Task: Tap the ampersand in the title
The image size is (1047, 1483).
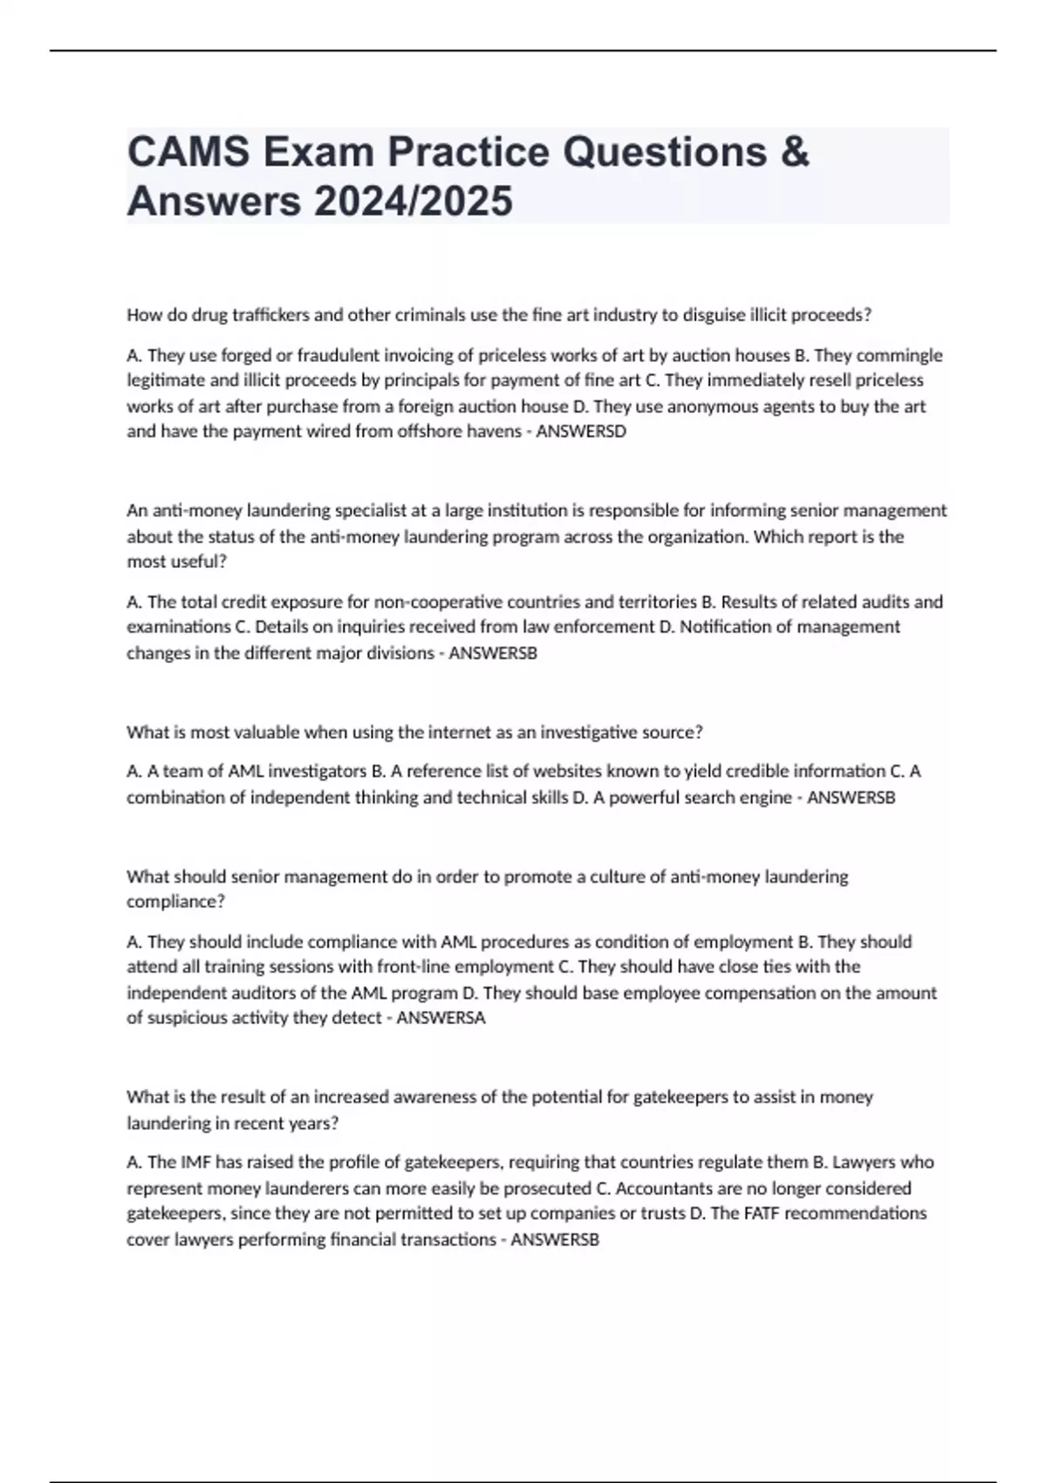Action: pyautogui.click(x=795, y=152)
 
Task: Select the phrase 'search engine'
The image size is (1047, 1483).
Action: pyautogui.click(x=744, y=797)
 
